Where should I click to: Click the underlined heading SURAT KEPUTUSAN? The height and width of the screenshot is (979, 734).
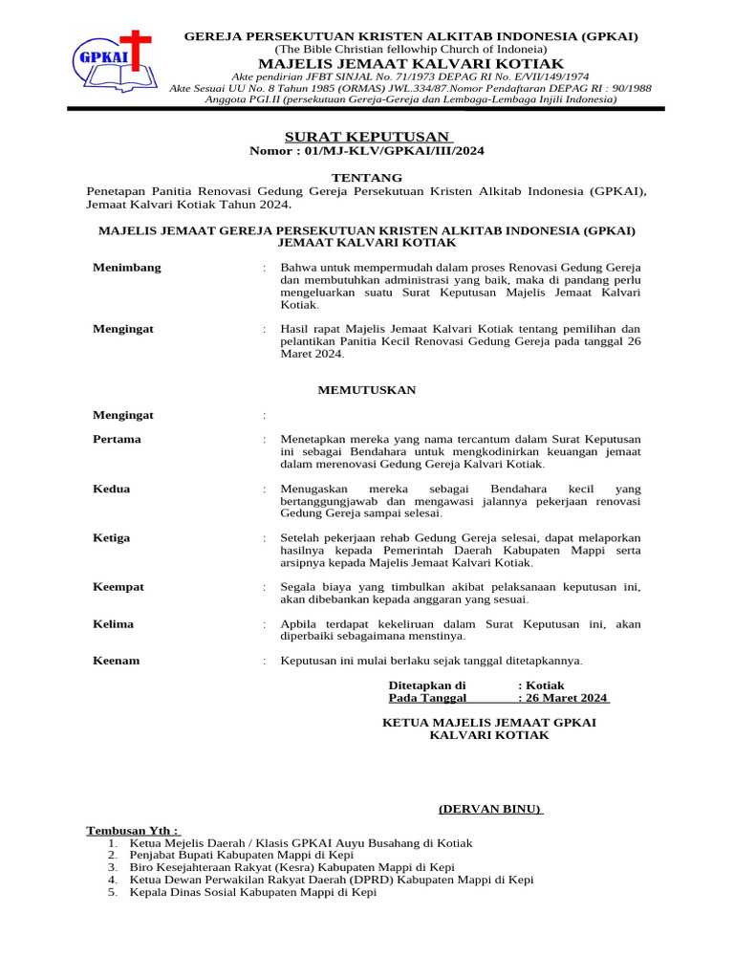[x=367, y=137]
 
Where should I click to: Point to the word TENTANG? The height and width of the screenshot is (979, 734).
[x=367, y=178]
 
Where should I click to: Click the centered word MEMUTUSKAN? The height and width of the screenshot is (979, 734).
[x=367, y=390]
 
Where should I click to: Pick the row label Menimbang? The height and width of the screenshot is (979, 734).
[x=127, y=268]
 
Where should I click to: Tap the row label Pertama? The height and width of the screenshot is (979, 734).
[x=117, y=440]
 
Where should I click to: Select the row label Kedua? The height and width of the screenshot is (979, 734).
[x=111, y=489]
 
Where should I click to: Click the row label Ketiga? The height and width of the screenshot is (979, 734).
[x=111, y=538]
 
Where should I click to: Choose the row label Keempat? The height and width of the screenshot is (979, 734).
[x=119, y=587]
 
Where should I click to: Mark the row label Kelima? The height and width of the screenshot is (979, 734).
[x=113, y=624]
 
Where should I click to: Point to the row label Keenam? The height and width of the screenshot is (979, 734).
[x=116, y=661]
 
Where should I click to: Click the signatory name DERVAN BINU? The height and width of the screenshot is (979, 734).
[x=490, y=809]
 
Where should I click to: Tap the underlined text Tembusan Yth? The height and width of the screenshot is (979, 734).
[x=132, y=831]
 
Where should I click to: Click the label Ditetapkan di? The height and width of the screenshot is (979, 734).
[x=427, y=685]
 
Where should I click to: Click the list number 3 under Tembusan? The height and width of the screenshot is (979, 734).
[x=112, y=867]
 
